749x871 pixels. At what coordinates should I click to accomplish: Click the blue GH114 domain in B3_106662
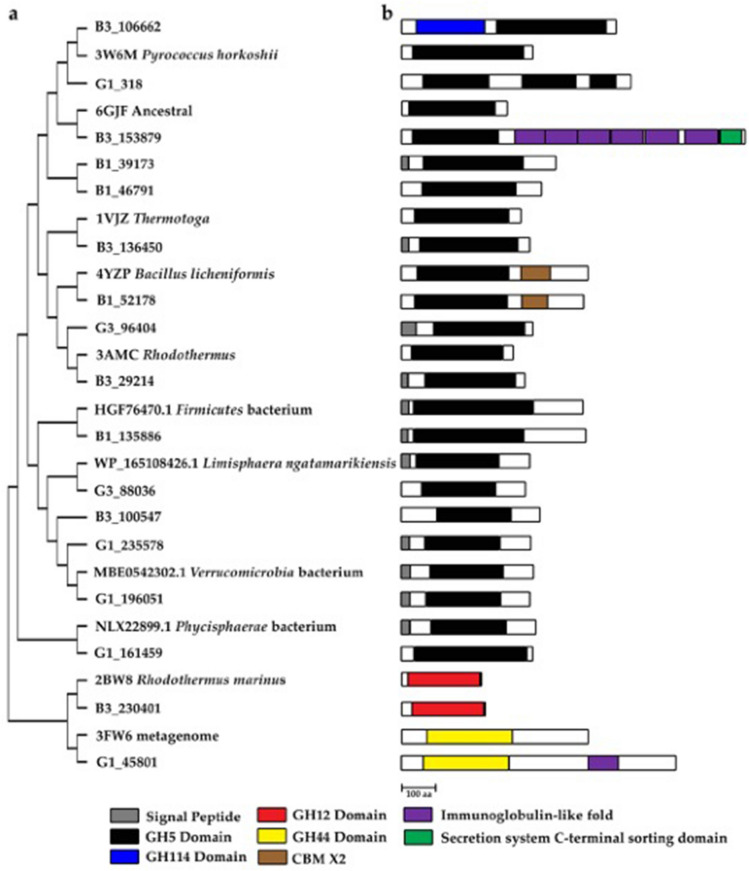pos(450,27)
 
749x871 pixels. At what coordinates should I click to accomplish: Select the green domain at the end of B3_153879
pos(732,136)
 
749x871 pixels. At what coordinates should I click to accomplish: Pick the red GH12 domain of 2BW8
pos(444,680)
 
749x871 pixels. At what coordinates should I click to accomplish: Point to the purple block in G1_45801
pos(603,763)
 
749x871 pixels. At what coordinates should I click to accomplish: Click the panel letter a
pos(14,13)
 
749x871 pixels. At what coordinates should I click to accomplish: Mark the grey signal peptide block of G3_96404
pos(408,327)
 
